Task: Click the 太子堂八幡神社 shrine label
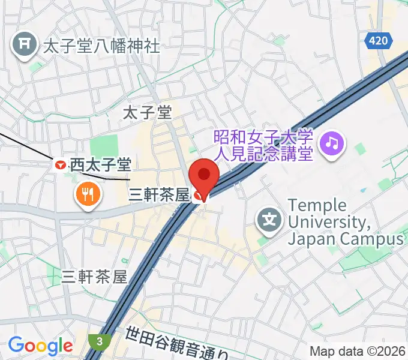(x=101, y=45)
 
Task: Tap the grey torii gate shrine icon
(x=25, y=44)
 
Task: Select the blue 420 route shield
(x=379, y=41)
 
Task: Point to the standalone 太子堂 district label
(x=147, y=112)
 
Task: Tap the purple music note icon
(x=332, y=143)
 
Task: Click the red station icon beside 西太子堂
(x=61, y=164)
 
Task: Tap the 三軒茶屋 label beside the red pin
(x=159, y=194)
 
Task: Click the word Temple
(x=317, y=205)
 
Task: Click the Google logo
(x=40, y=346)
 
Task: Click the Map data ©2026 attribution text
(x=358, y=352)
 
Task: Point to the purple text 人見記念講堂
(x=264, y=154)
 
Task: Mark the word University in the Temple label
(x=328, y=222)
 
